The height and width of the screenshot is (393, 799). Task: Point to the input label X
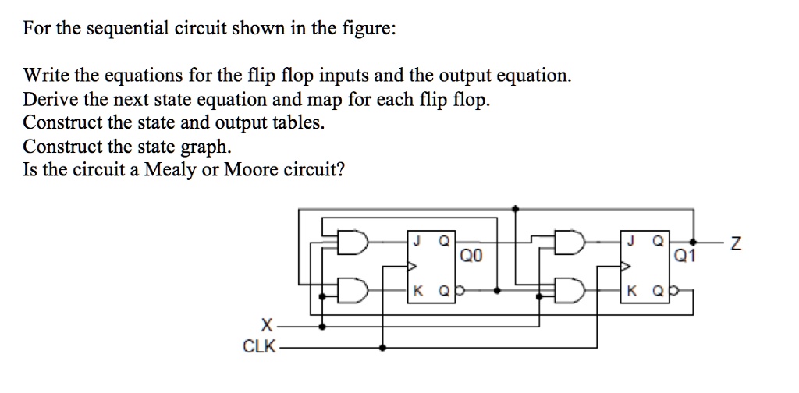tap(267, 325)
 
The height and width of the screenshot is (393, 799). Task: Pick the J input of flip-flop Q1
tap(629, 241)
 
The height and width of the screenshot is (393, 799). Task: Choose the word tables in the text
tap(297, 123)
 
